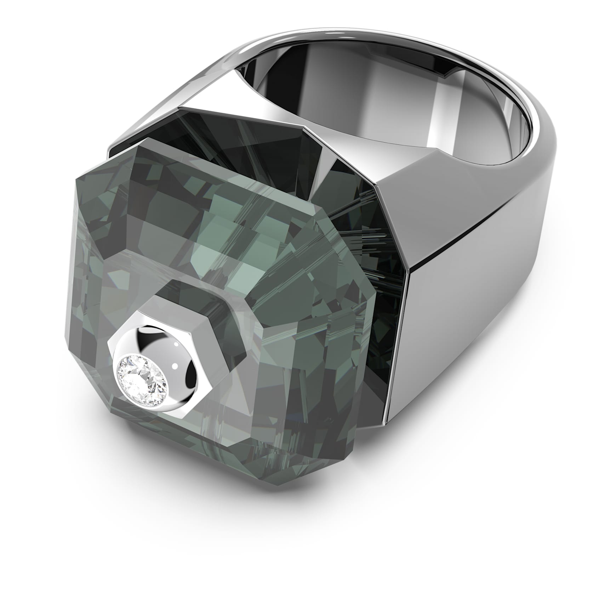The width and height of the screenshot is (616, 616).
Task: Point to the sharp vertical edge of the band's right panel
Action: tap(407, 354)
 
